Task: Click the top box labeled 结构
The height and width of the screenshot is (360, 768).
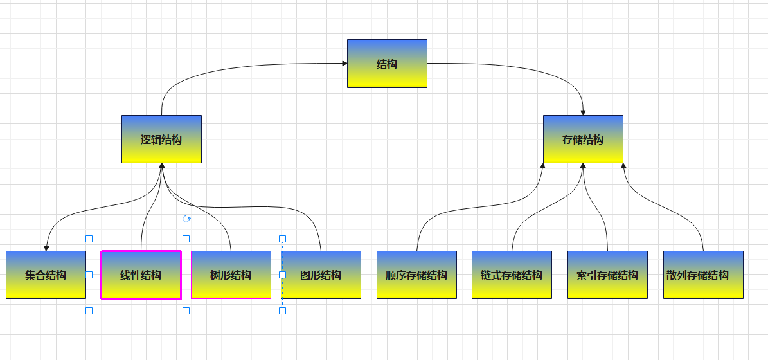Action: click(x=387, y=64)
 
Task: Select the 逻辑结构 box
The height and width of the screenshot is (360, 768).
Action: click(x=161, y=139)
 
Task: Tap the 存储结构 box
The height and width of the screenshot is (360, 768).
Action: click(x=583, y=139)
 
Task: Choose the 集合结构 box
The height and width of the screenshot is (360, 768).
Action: click(x=46, y=275)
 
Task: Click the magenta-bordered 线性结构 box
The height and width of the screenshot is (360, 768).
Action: click(x=141, y=275)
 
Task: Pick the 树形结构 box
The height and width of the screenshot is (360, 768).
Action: click(x=231, y=275)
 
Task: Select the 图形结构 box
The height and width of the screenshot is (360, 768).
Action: click(x=321, y=275)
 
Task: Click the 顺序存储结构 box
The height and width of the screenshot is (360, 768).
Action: click(x=416, y=275)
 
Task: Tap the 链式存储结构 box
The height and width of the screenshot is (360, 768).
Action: click(x=512, y=275)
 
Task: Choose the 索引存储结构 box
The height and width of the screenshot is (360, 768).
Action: click(x=607, y=275)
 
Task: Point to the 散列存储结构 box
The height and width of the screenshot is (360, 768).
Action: click(x=703, y=275)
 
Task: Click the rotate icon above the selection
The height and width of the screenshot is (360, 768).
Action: click(x=186, y=219)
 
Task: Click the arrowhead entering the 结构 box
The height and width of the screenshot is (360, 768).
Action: click(x=344, y=64)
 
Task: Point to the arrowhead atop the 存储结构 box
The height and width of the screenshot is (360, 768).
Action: click(x=583, y=112)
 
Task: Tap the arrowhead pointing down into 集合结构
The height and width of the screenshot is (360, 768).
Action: click(x=46, y=248)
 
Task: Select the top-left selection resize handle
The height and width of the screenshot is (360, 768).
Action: click(x=89, y=239)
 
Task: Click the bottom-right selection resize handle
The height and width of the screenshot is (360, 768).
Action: click(x=282, y=310)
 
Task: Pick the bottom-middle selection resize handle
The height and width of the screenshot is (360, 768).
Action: click(x=186, y=310)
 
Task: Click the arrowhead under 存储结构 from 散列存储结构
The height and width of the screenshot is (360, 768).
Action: click(x=623, y=166)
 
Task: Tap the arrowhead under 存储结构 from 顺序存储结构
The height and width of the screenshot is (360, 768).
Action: click(x=543, y=166)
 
